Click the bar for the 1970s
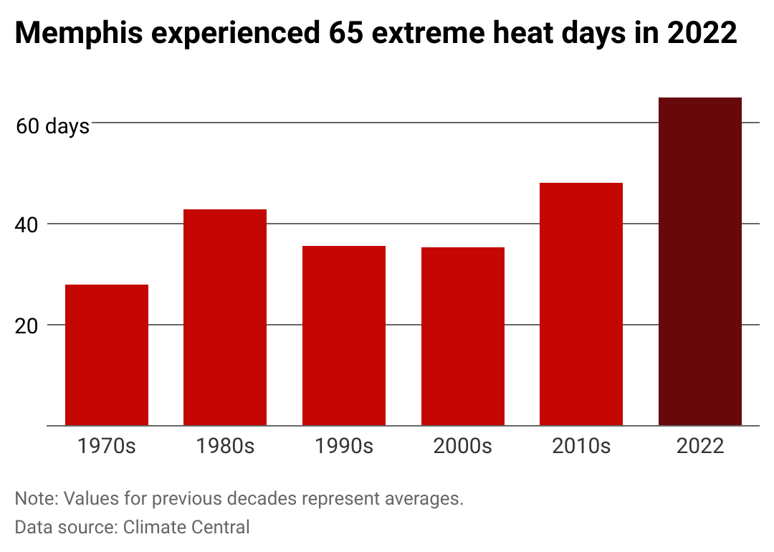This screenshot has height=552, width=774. (107, 355)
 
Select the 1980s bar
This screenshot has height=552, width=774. (225, 318)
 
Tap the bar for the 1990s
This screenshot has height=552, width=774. (344, 336)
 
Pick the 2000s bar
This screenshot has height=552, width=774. (463, 336)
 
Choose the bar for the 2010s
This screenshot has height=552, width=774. (581, 304)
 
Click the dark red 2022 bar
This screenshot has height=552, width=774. (700, 262)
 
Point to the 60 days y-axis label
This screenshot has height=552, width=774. (52, 126)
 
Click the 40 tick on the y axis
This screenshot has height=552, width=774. (27, 225)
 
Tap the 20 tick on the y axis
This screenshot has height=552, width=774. (27, 326)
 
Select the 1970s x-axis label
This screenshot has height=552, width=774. (107, 446)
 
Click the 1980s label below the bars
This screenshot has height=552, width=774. (225, 446)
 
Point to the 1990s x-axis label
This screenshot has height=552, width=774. (344, 446)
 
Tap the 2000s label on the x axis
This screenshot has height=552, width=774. (463, 446)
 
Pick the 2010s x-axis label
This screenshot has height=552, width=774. (581, 446)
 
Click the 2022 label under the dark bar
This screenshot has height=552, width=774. (700, 446)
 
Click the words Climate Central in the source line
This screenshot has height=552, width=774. (186, 528)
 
